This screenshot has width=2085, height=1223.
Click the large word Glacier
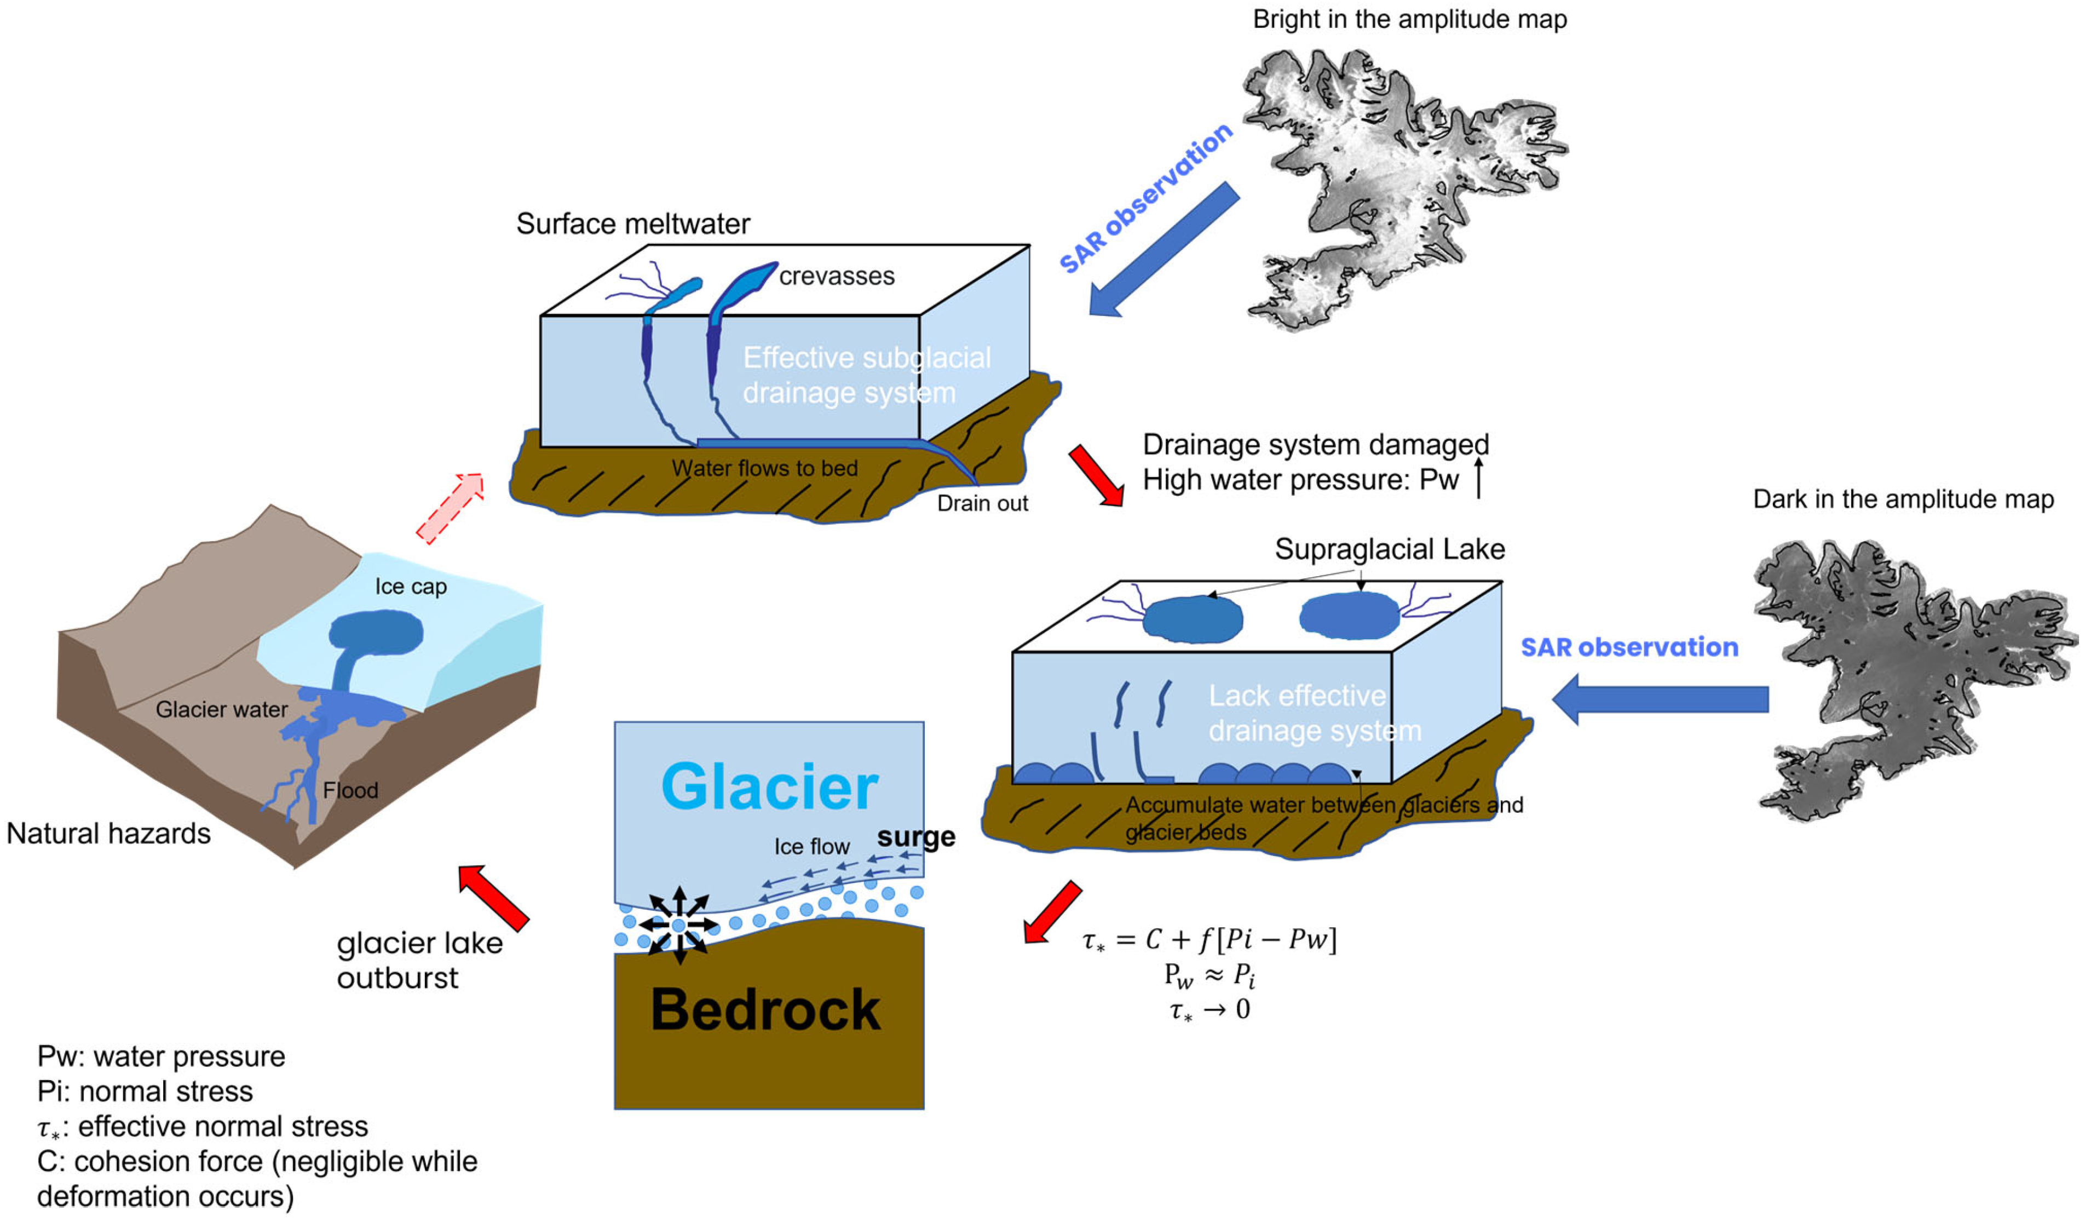click(x=769, y=787)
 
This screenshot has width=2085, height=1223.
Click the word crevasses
click(x=837, y=277)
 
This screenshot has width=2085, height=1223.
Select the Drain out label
click(x=982, y=503)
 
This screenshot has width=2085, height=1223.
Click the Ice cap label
click(x=411, y=587)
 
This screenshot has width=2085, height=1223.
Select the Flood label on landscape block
click(x=351, y=790)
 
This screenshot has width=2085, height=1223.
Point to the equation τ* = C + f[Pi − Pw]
click(x=1209, y=939)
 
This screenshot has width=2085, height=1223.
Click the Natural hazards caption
click(x=108, y=833)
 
